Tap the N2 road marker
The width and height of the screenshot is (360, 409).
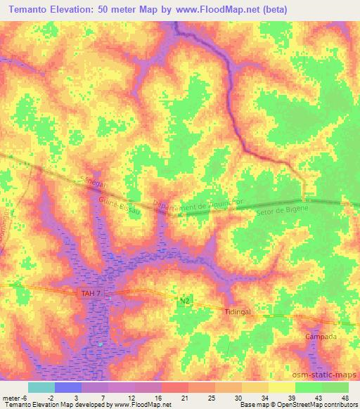click(184, 301)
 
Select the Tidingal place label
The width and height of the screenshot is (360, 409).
click(238, 311)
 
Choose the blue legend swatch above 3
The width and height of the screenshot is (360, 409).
click(67, 387)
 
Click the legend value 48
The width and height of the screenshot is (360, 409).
click(344, 397)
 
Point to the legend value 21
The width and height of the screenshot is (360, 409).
click(185, 397)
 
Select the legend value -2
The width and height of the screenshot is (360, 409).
click(51, 397)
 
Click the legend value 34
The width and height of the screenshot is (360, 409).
click(264, 397)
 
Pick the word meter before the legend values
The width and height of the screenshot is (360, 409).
click(11, 397)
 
